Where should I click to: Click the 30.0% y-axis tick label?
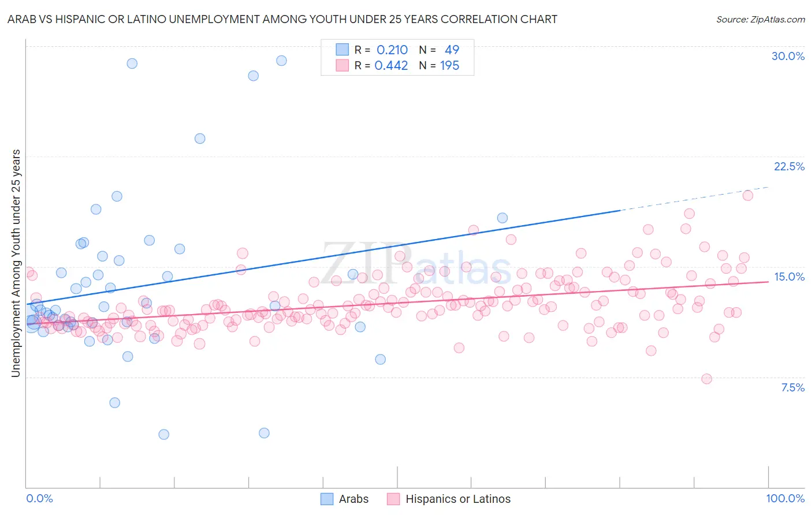(788, 56)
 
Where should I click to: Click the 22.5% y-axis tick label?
(789, 166)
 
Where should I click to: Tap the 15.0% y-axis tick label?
(789, 277)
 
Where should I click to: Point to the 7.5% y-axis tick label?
(792, 387)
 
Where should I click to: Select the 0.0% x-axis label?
(39, 498)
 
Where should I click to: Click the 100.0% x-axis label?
(785, 498)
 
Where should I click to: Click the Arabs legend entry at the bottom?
(353, 499)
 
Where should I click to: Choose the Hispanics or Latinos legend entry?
(457, 499)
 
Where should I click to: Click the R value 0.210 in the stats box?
(392, 50)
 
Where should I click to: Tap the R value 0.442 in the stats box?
(391, 65)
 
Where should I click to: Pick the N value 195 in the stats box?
(449, 65)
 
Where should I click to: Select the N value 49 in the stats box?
(452, 50)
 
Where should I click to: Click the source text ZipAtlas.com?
(760, 19)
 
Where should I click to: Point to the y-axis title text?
(16, 263)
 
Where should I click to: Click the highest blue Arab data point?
(281, 60)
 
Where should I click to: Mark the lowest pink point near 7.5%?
(706, 379)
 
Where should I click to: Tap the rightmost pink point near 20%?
(747, 195)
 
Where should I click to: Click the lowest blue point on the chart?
(164, 434)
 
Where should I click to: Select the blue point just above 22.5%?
(200, 138)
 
